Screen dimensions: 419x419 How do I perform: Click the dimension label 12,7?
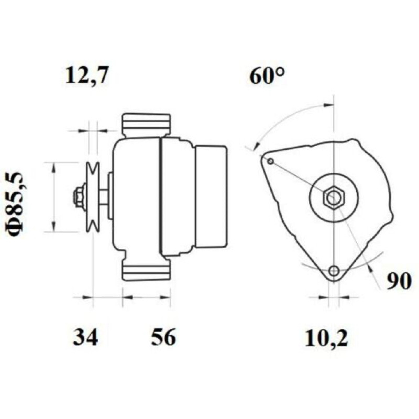(87, 75)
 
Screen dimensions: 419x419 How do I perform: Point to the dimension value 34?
(85, 337)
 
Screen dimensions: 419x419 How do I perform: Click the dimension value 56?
(163, 337)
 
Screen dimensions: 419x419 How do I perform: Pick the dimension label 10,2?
(326, 338)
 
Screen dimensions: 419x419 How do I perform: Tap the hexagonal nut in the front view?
(334, 197)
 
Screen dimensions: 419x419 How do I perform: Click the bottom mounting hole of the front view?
(334, 271)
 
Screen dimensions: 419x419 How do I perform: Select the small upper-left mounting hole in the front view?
(271, 161)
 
